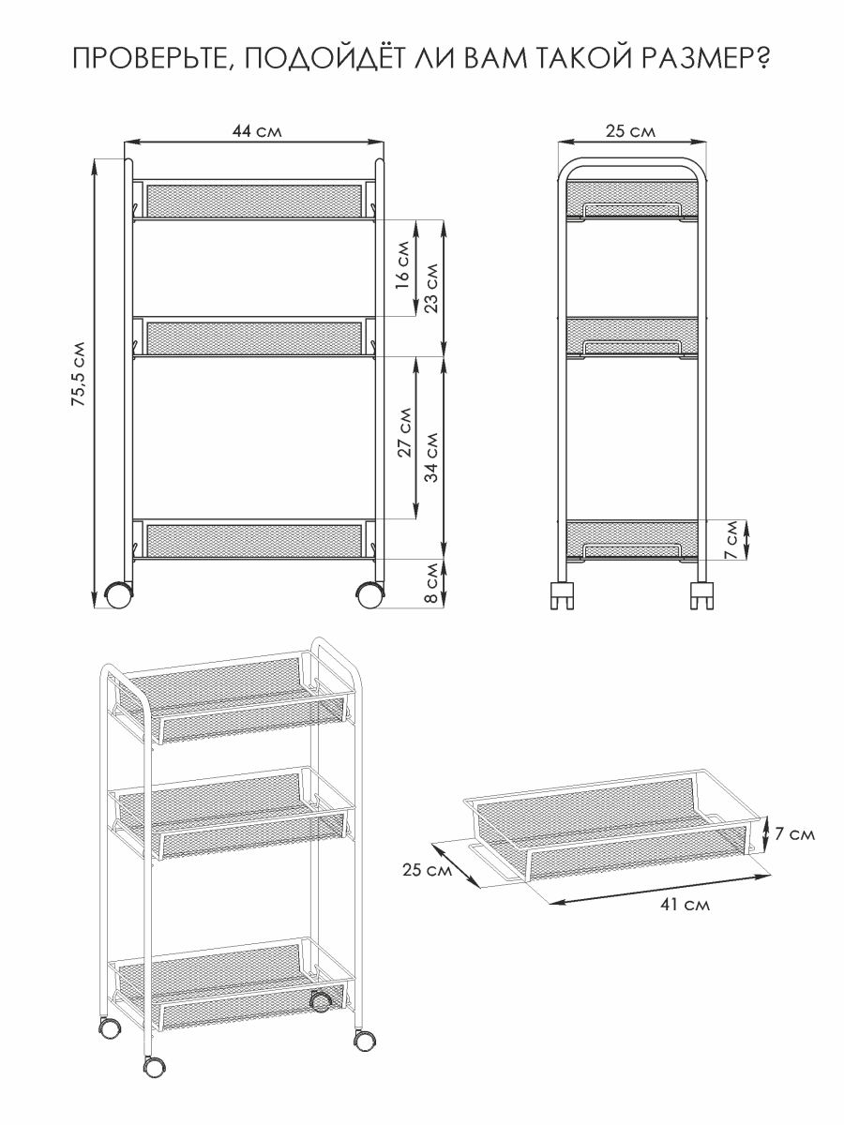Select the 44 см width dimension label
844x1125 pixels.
(x=257, y=131)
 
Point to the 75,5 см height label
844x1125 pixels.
(x=79, y=374)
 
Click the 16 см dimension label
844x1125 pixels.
(x=403, y=264)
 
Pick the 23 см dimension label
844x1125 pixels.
(x=431, y=288)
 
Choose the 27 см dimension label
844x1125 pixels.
(x=405, y=431)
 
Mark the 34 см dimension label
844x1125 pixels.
(x=431, y=457)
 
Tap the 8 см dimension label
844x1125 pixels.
(x=432, y=583)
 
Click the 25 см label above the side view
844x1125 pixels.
(x=630, y=131)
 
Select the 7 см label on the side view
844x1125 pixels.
(x=731, y=539)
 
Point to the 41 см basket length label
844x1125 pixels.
(x=686, y=905)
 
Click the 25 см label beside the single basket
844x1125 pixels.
(x=428, y=869)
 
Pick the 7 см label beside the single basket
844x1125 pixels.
(x=794, y=833)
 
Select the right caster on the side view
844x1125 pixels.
(x=701, y=595)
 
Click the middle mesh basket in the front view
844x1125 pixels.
(x=254, y=337)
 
